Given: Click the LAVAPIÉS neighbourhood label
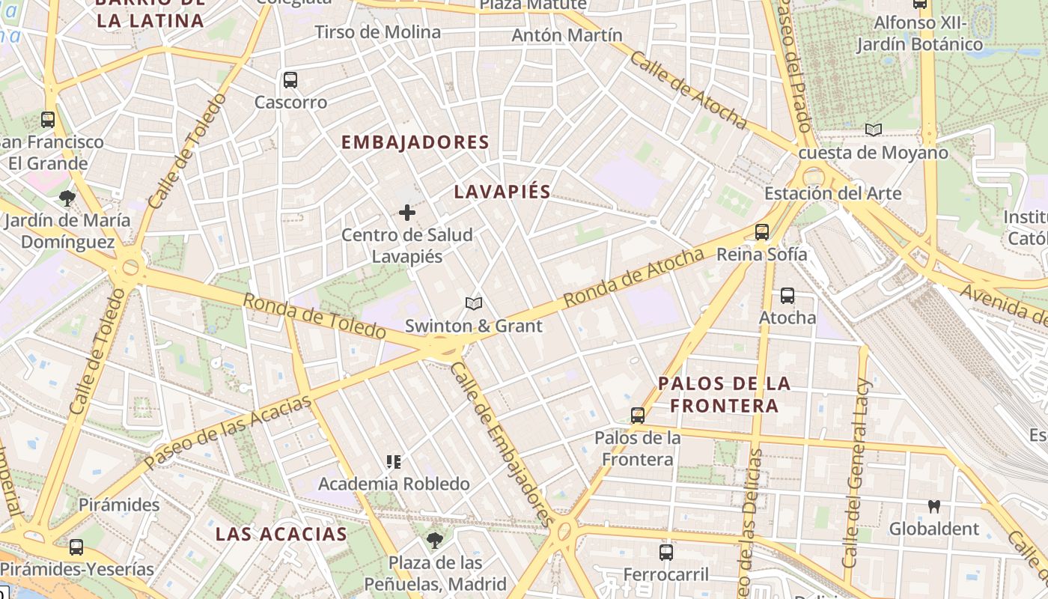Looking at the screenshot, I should click(502, 192).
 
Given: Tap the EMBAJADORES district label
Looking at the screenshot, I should click(415, 142).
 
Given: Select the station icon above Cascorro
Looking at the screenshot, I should click(290, 79).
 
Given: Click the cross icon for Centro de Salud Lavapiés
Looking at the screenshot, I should click(407, 213).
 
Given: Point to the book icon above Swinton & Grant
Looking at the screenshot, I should click(473, 303).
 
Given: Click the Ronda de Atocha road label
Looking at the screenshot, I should click(634, 277).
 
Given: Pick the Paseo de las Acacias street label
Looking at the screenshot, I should click(228, 434).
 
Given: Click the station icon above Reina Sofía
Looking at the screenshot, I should click(762, 232).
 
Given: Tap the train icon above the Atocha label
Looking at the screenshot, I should click(787, 296).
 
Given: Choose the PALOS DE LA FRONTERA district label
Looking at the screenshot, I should click(724, 395).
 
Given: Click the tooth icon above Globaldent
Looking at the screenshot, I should click(933, 506).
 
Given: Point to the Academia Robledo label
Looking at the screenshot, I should click(394, 484).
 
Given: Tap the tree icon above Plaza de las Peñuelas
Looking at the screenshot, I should click(434, 540).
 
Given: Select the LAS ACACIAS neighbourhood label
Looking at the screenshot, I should click(281, 534).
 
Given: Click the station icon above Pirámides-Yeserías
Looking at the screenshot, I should click(76, 547).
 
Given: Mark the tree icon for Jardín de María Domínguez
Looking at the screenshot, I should click(67, 198).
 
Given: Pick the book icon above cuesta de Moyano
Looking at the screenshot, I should click(873, 130).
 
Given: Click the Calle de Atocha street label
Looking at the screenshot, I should click(688, 90).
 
